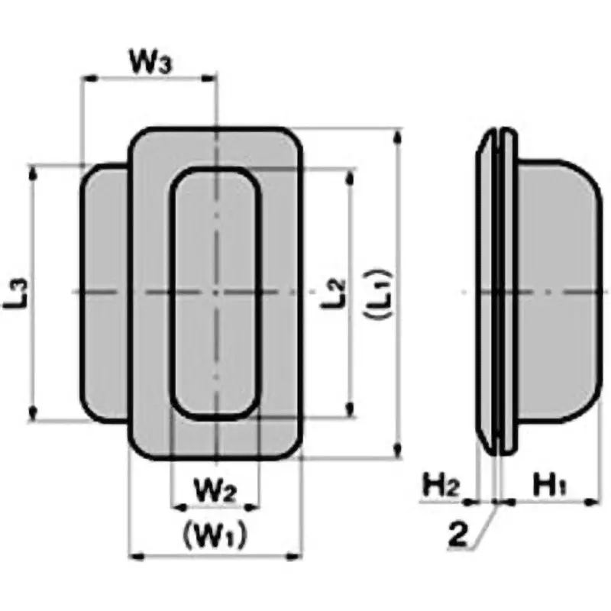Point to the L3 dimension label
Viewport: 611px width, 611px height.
(x=21, y=293)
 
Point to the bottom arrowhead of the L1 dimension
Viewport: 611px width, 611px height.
(x=397, y=452)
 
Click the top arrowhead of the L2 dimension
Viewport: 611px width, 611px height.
(x=351, y=175)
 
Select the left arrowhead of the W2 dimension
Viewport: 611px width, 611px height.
(x=178, y=506)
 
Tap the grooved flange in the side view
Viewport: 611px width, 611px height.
(x=496, y=290)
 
